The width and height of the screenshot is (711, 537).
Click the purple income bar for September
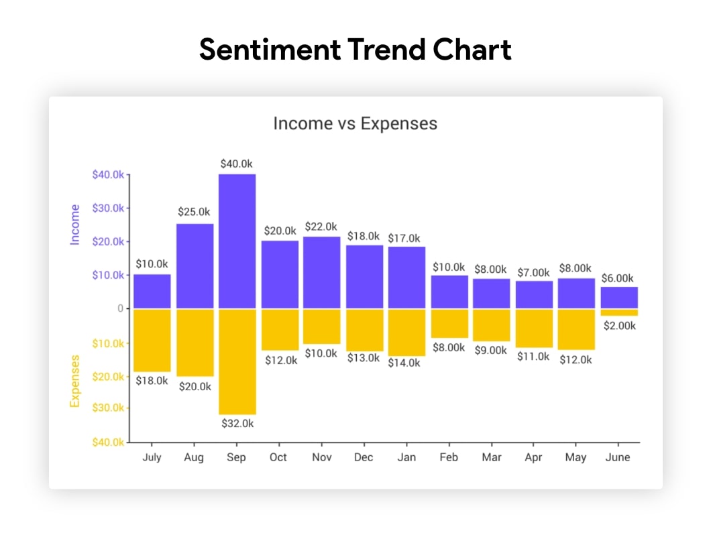click(237, 241)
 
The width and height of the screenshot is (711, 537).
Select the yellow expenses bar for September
click(237, 362)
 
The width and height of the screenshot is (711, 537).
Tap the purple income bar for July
click(152, 291)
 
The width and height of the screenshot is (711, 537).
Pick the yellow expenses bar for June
click(619, 312)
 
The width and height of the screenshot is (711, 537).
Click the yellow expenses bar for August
click(195, 343)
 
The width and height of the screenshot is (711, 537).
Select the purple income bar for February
click(449, 292)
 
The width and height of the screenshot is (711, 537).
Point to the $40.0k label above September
click(237, 164)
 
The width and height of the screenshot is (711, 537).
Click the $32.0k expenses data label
click(237, 424)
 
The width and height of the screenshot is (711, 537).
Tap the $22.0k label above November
click(321, 227)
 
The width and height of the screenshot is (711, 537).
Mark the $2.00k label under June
click(619, 326)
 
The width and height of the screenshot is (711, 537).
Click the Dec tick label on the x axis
click(364, 457)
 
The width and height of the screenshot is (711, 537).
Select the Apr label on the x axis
click(533, 457)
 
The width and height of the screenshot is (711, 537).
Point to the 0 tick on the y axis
click(121, 308)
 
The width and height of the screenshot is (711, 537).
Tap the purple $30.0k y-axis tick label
click(108, 208)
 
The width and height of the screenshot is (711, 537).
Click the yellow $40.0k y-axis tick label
click(108, 442)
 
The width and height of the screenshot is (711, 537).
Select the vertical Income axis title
click(75, 225)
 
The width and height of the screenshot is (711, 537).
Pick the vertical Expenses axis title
click(75, 381)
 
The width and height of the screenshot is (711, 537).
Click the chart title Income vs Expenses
click(355, 124)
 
